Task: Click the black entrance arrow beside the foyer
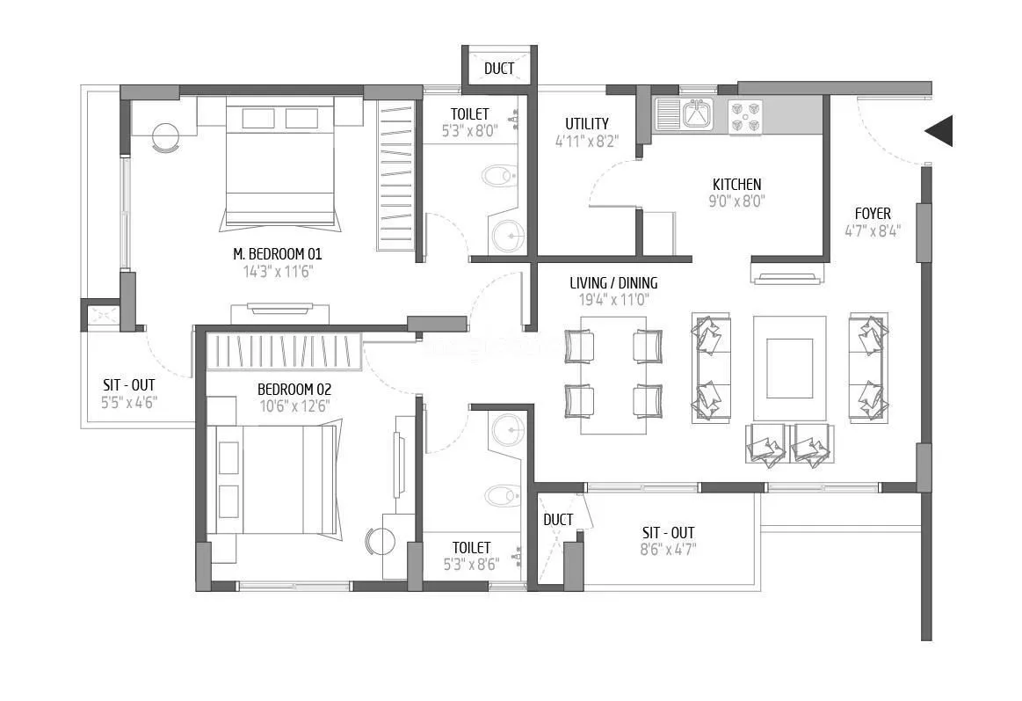point(940,131)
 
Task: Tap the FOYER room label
point(873,214)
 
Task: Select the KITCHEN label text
point(736,185)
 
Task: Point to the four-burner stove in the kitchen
point(745,117)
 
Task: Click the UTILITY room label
point(587,124)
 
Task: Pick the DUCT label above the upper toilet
point(499,69)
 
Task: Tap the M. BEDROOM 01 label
point(278,254)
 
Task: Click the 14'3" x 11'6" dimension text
point(278,272)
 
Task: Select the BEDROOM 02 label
point(294,389)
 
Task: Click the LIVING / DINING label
point(613,283)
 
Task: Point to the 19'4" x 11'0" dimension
point(613,300)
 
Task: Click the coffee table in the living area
point(789,369)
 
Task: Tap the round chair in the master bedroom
point(164,137)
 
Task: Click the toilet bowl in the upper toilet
point(499,175)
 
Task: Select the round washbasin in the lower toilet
point(507,431)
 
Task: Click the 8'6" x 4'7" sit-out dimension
point(669,551)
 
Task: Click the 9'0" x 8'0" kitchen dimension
point(736,201)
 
